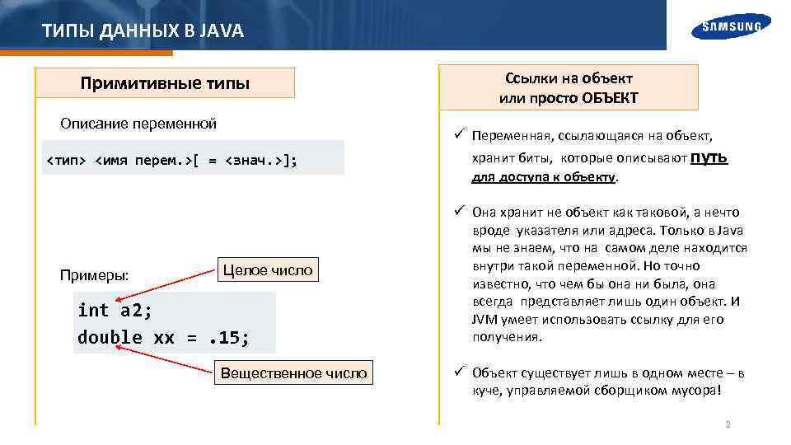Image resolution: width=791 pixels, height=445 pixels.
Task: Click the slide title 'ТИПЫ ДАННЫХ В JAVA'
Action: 143,31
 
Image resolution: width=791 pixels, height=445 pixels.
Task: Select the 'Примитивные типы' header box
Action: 165,83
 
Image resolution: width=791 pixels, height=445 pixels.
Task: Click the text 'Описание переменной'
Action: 138,124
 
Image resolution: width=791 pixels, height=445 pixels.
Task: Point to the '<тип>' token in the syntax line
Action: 65,158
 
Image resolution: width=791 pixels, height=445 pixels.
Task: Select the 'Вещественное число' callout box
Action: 293,372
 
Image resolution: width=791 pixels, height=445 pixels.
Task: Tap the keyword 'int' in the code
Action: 93,310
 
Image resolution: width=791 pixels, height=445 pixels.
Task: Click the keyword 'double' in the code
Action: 110,337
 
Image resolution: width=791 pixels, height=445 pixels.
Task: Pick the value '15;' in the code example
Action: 232,337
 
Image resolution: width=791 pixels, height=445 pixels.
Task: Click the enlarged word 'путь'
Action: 709,157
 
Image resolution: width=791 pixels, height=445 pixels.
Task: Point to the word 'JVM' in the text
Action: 484,319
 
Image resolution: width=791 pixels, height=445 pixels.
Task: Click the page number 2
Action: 728,424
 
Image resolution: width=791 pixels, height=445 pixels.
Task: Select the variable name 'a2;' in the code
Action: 136,310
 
